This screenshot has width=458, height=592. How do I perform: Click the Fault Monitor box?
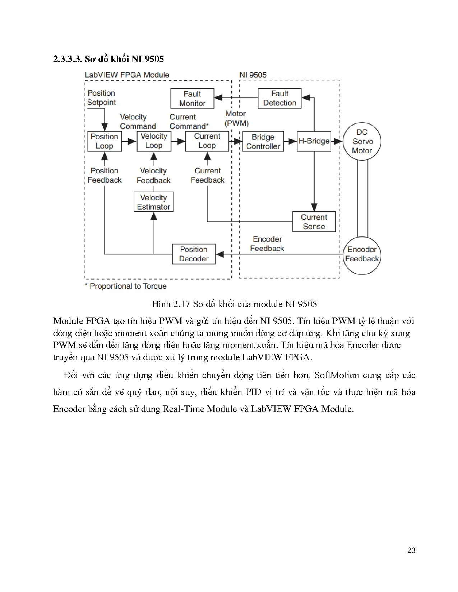192,99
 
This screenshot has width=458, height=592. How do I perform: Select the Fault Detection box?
279,98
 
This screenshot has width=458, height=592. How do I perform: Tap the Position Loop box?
104,141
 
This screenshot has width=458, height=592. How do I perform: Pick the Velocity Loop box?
154,141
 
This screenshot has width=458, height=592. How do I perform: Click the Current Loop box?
207,141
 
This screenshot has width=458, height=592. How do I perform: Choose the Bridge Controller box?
263,141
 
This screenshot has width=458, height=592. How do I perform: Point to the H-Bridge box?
314,141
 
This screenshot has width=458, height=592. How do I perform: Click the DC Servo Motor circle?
362,141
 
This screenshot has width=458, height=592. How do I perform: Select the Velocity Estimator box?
153,202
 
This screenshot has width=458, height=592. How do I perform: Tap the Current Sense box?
314,222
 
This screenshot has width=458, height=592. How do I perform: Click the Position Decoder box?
194,254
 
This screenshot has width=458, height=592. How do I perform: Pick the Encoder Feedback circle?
362,254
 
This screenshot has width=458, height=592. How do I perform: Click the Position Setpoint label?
102,98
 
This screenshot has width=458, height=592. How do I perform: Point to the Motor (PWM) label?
236,118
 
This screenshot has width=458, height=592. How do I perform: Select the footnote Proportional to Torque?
126,286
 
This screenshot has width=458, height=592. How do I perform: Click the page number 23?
412,550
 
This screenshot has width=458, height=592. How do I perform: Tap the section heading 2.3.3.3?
108,59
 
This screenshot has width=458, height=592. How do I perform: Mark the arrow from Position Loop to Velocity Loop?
129,141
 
